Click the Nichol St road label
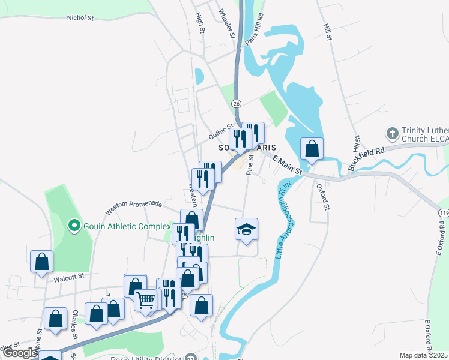click(x=81, y=19)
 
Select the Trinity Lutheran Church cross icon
click(x=392, y=133)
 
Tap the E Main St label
click(x=286, y=164)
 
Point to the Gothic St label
click(x=220, y=133)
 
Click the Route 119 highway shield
click(x=444, y=212)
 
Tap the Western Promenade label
click(x=133, y=207)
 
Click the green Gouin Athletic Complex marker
click(x=74, y=226)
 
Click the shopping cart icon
click(x=146, y=299)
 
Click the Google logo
click(x=20, y=353)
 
